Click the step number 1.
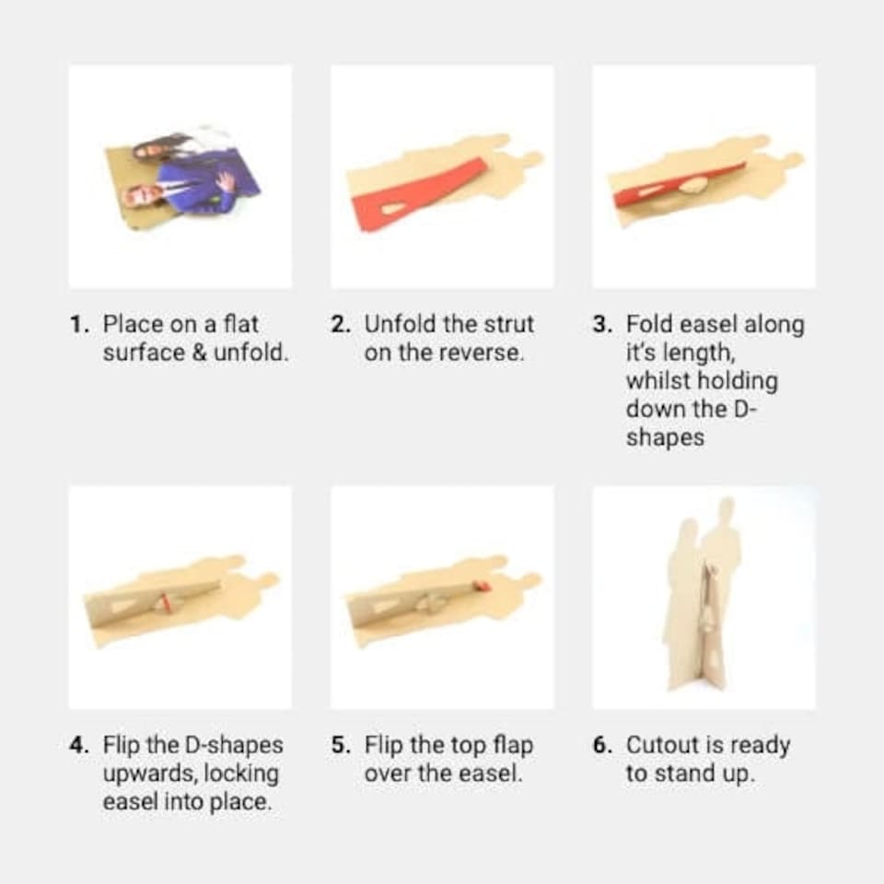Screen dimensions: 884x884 (x=79, y=325)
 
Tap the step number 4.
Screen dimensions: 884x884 (x=79, y=745)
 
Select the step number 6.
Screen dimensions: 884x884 (x=602, y=745)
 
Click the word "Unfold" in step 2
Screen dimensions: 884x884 (x=401, y=325)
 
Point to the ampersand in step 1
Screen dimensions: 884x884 (x=200, y=353)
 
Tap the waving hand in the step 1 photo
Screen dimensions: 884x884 (x=225, y=181)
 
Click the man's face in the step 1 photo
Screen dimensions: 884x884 (x=137, y=195)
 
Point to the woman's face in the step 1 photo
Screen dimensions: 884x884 (x=145, y=150)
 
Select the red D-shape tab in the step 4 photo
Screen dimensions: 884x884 (x=164, y=601)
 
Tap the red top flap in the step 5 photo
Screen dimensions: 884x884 (x=483, y=587)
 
